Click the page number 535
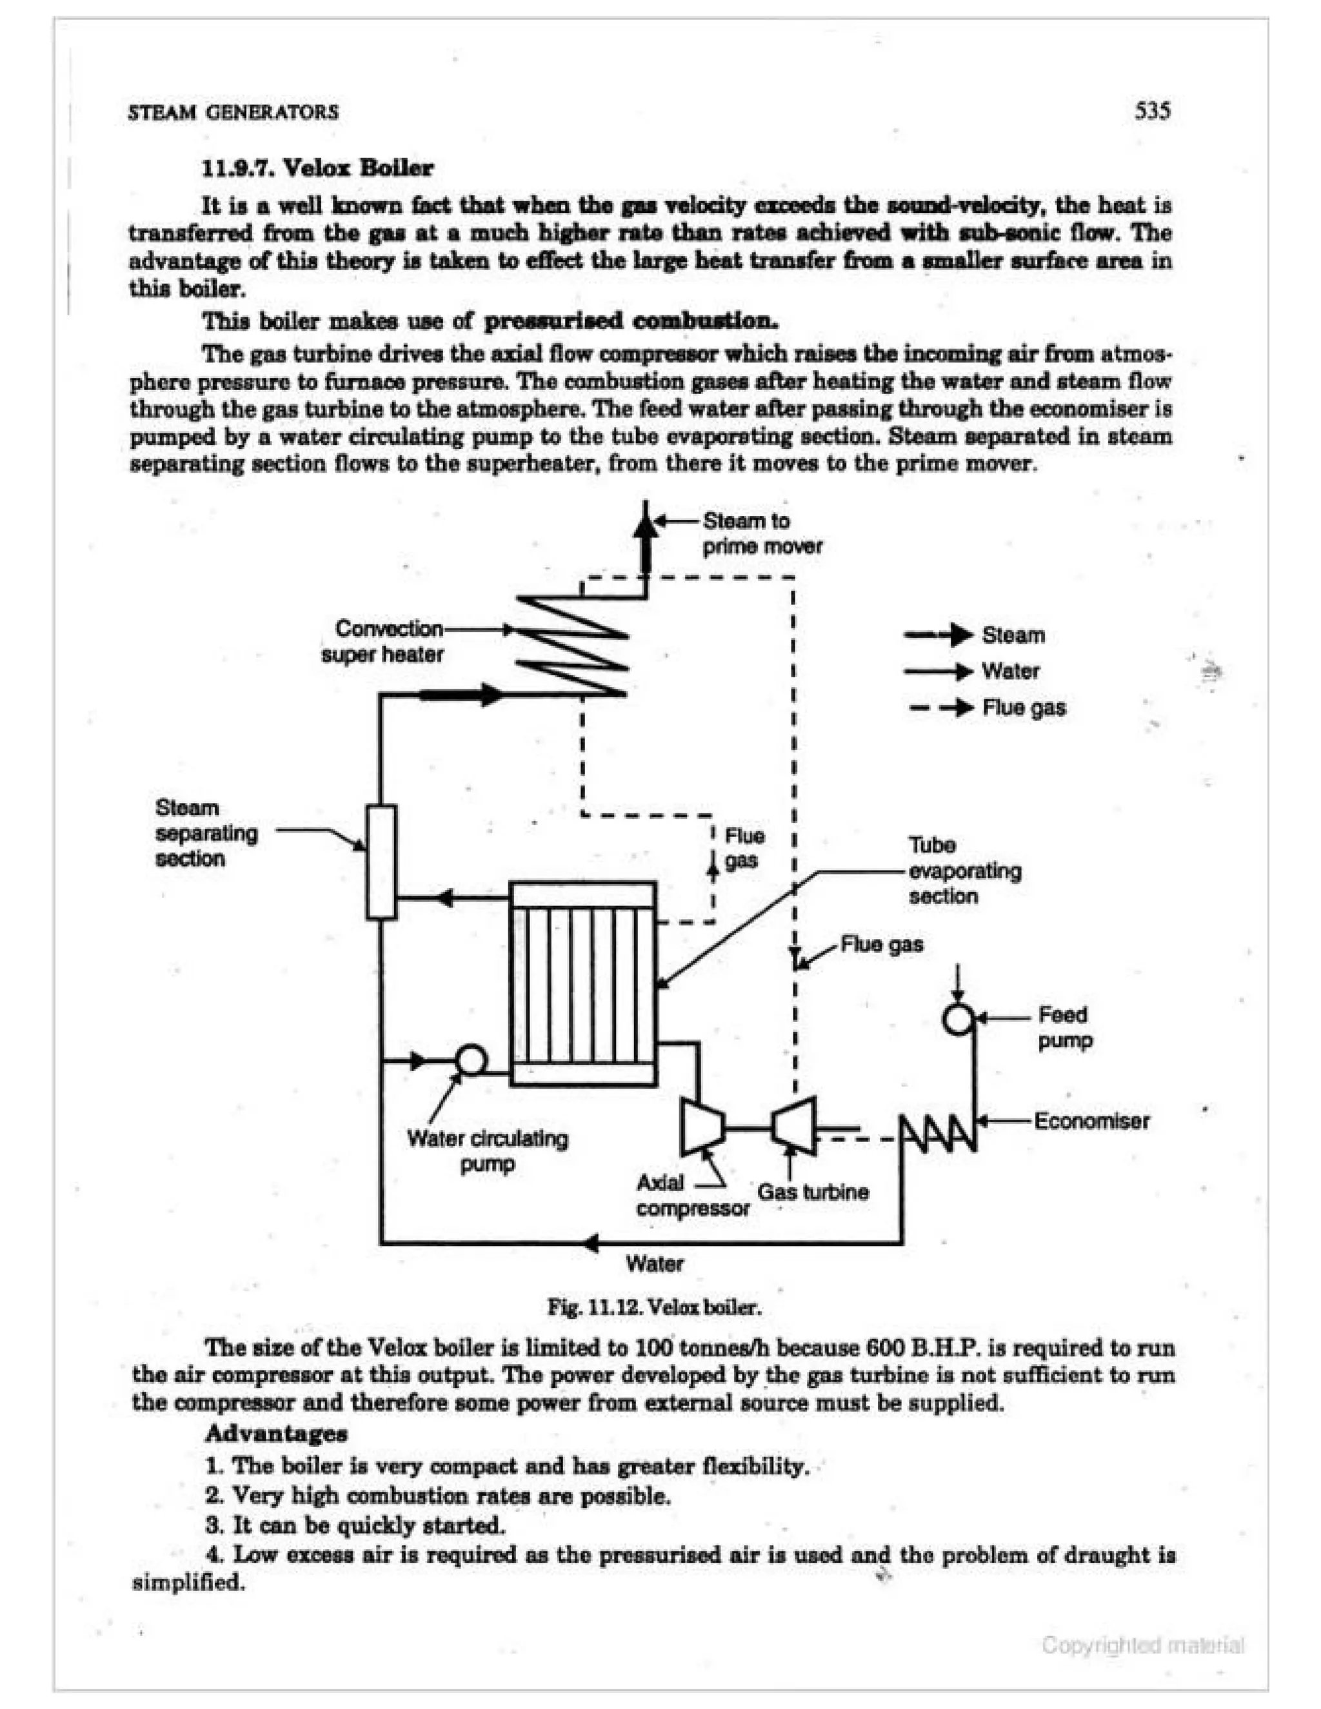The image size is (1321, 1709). click(1152, 110)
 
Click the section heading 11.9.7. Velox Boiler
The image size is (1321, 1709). click(317, 168)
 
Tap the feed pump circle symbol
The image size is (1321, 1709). click(958, 1018)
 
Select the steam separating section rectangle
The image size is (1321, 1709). click(381, 861)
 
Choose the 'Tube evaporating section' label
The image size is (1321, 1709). click(964, 870)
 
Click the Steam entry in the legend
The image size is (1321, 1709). click(1013, 635)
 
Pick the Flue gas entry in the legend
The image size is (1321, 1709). click(1024, 707)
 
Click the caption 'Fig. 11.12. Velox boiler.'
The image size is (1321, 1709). click(653, 1307)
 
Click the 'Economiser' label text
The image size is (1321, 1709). click(1091, 1121)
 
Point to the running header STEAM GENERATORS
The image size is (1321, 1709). click(233, 112)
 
